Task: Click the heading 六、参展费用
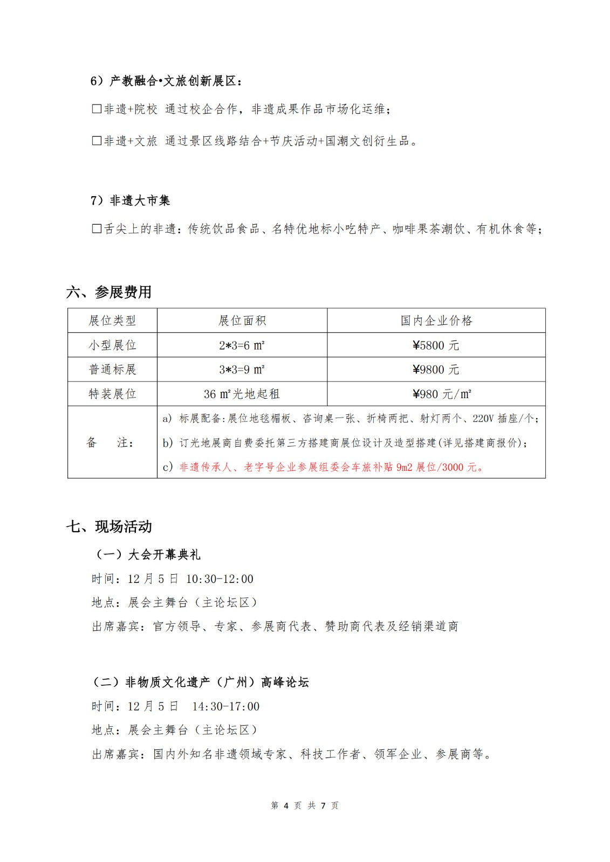(109, 292)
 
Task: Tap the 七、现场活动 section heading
(109, 526)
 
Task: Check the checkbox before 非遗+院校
(97, 109)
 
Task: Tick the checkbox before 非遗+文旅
(97, 141)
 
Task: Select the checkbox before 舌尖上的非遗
(97, 229)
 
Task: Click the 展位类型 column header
(112, 321)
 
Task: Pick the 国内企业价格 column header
(436, 321)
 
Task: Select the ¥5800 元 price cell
(436, 345)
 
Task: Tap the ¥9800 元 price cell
(436, 370)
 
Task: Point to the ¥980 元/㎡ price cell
(441, 394)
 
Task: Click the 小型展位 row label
(112, 345)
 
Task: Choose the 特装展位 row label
(112, 394)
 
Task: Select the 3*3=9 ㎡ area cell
(242, 370)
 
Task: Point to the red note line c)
(324, 467)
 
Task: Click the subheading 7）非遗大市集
(130, 200)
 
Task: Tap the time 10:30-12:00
(220, 579)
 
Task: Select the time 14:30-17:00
(225, 706)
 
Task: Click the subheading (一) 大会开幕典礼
(147, 554)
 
